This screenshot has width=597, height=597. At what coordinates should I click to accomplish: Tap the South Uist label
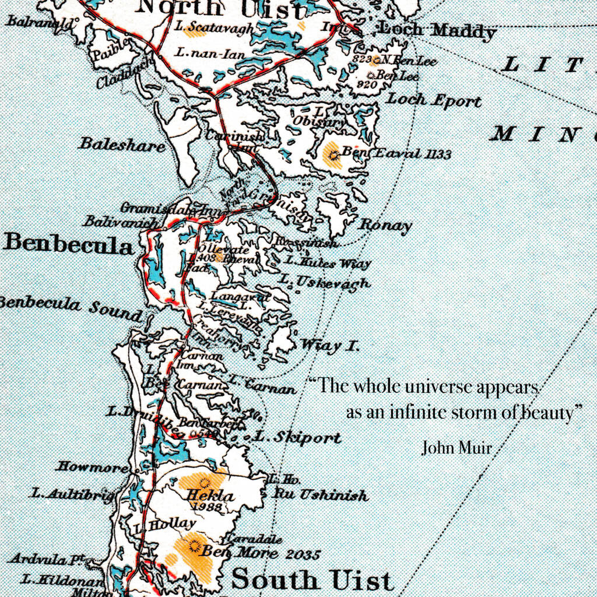312,580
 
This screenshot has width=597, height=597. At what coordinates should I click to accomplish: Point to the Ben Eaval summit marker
333,155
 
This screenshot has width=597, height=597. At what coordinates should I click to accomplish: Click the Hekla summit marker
204,482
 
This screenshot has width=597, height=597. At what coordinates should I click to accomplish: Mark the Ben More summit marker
194,547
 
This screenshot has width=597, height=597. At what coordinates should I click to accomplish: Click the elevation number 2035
303,554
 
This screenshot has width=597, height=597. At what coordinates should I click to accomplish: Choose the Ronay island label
385,225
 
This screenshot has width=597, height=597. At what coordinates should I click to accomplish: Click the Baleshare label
122,144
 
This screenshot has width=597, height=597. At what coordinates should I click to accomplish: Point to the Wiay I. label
330,345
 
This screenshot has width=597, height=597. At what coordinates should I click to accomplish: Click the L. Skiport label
298,437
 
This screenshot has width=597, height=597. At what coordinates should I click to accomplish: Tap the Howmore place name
92,467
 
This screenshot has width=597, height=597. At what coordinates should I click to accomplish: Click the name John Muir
456,448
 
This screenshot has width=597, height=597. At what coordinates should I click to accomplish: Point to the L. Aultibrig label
72,494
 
